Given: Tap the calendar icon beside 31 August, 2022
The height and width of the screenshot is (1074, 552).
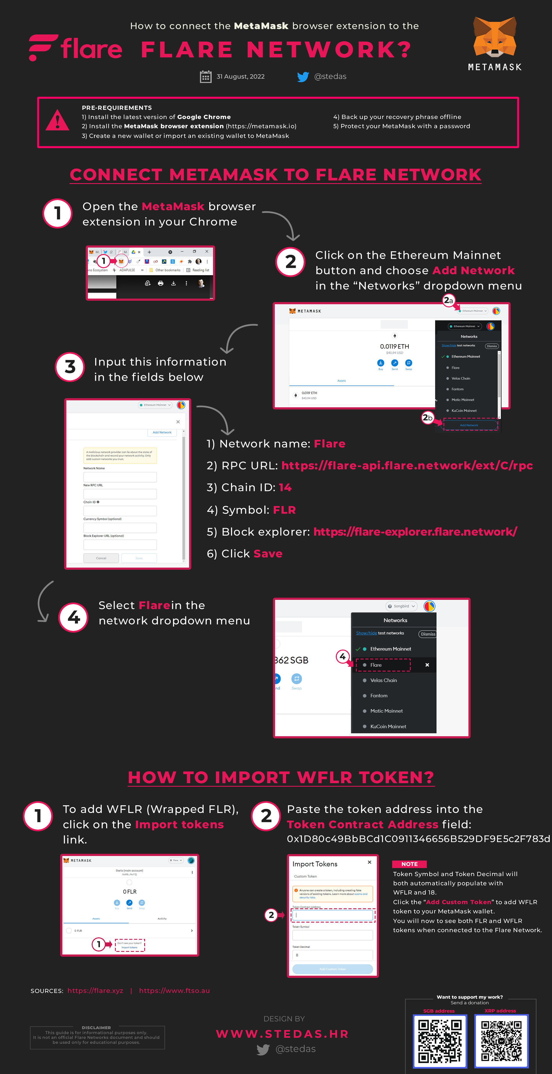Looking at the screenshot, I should click(205, 77).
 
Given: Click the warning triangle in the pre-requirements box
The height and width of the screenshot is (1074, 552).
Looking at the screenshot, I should click(57, 121).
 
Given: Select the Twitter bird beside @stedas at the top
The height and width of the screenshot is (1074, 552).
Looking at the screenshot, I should click(303, 77).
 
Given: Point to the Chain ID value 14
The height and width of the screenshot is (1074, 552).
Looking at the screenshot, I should click(285, 487).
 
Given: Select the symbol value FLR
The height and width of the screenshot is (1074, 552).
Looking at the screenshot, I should click(284, 510).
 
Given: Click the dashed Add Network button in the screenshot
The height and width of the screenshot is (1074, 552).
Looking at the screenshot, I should click(469, 425).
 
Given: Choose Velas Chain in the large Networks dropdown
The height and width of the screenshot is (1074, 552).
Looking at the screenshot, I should click(383, 680).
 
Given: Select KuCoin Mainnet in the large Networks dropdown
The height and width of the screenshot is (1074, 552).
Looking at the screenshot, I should click(388, 726).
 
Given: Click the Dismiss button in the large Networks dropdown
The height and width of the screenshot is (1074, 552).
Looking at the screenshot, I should click(428, 634).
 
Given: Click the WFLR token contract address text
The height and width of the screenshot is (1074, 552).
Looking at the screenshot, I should click(418, 838).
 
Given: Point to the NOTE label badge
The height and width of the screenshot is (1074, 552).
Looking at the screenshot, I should click(409, 864).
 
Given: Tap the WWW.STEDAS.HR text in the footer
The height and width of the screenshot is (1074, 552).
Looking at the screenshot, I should click(282, 1034).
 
